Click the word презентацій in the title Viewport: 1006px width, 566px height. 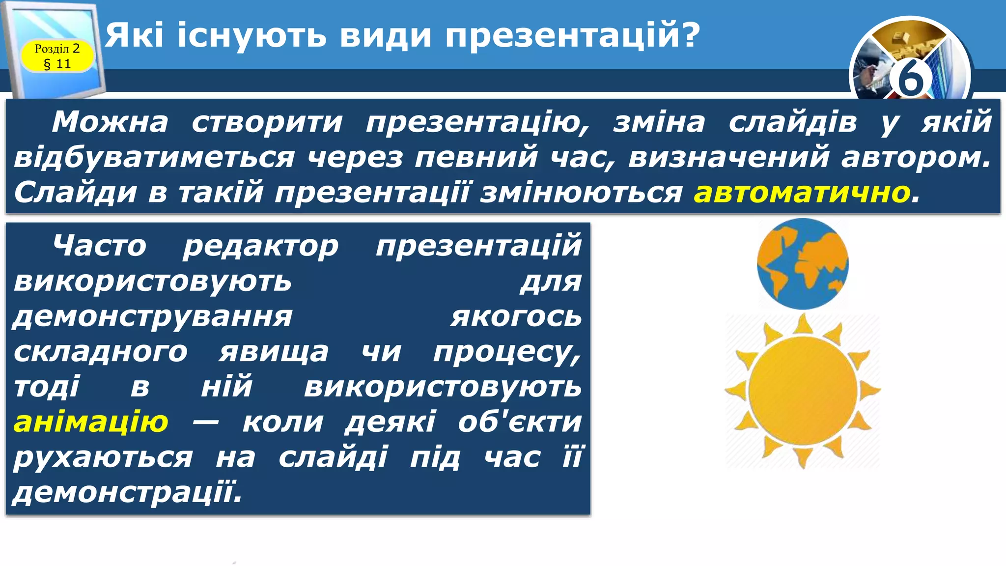(x=572, y=35)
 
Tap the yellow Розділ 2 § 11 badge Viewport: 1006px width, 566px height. (x=57, y=56)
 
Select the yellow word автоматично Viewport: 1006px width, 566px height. (x=802, y=193)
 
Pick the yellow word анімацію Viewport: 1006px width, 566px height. (x=91, y=422)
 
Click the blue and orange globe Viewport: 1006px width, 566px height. (x=802, y=264)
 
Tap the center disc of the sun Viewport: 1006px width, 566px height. (x=803, y=391)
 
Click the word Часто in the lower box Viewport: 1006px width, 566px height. (x=100, y=246)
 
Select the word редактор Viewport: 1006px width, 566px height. (x=261, y=246)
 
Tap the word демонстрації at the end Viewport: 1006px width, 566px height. (x=128, y=492)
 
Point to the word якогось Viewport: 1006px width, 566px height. (x=516, y=316)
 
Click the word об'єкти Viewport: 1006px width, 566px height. (x=520, y=422)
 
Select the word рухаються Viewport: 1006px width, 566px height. (x=103, y=458)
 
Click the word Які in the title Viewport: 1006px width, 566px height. (x=134, y=35)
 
